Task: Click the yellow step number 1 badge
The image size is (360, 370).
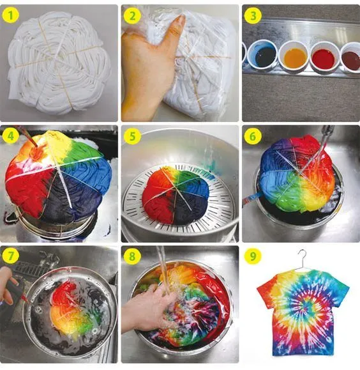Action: pos(11,15)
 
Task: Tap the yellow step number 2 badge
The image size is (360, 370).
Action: pos(132,15)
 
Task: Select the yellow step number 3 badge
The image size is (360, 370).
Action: pos(253,15)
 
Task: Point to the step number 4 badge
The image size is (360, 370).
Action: pos(11,136)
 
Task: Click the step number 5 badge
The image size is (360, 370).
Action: pos(132,136)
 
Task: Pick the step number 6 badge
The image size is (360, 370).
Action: pos(253,136)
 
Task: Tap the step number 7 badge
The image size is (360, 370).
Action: pos(11,256)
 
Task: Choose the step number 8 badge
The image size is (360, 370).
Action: pos(132,256)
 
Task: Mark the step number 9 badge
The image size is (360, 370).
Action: pos(253,256)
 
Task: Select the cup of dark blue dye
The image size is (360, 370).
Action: pos(262,55)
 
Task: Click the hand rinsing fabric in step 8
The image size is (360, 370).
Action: pos(146,307)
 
